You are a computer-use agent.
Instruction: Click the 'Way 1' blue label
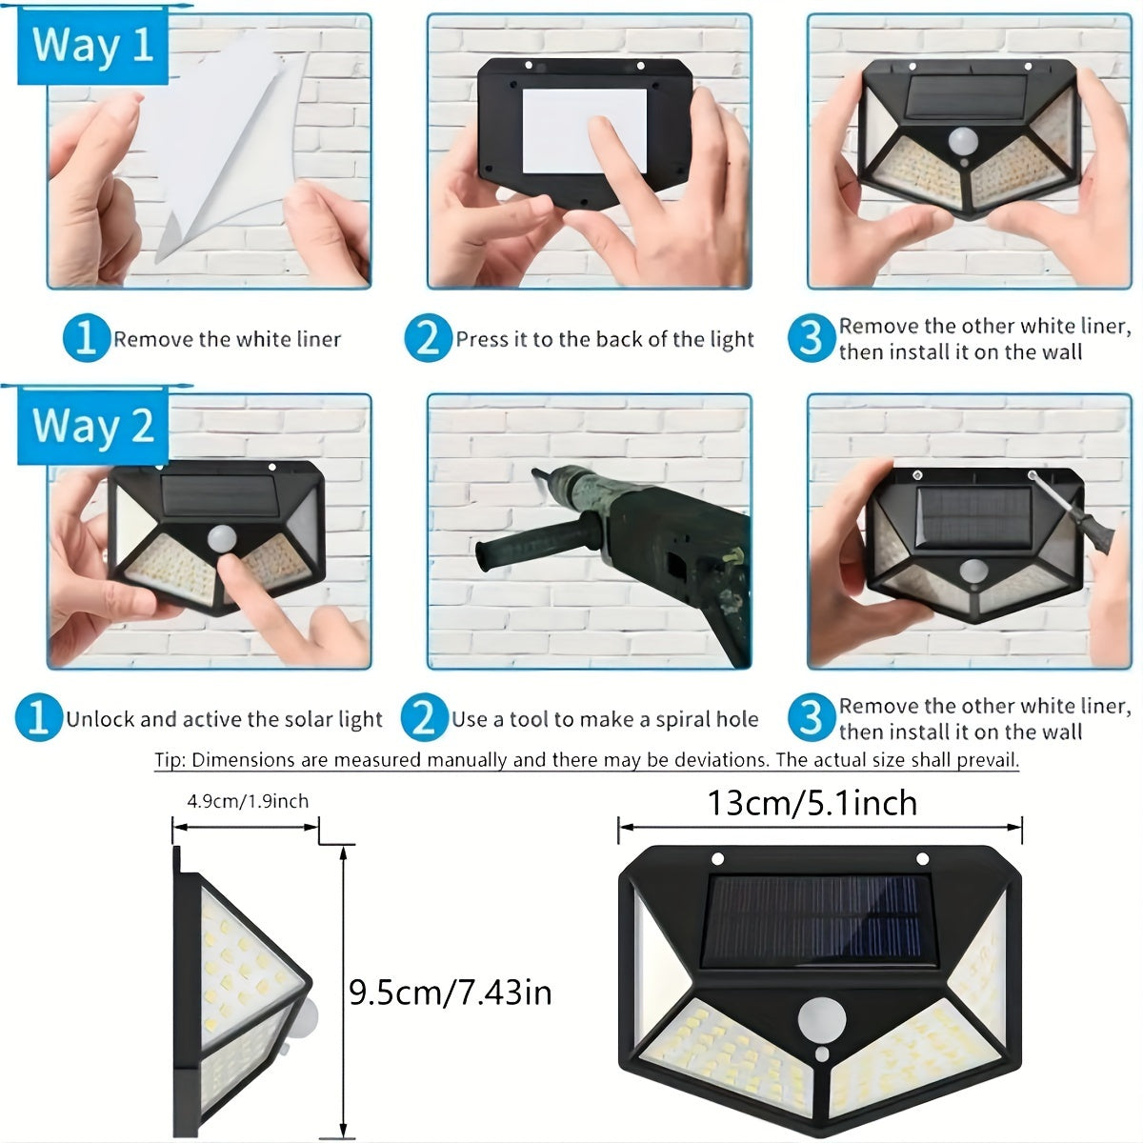92,46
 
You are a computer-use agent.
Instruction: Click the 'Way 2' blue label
92,426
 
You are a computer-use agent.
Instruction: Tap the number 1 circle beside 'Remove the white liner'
87,339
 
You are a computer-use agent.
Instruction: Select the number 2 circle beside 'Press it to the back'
428,339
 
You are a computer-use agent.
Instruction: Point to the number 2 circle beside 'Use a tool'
424,719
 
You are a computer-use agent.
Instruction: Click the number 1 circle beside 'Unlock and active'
38,719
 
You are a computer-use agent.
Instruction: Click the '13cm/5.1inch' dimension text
812,803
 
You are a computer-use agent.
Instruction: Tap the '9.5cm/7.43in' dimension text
450,993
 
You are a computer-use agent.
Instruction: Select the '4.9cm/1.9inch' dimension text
248,801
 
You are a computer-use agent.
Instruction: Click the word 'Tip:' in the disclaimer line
170,760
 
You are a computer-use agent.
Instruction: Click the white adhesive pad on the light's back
584,130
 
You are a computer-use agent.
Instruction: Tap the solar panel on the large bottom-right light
817,919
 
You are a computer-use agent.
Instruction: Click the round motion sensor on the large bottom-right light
821,1019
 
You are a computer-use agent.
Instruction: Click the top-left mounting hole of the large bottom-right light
719,858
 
